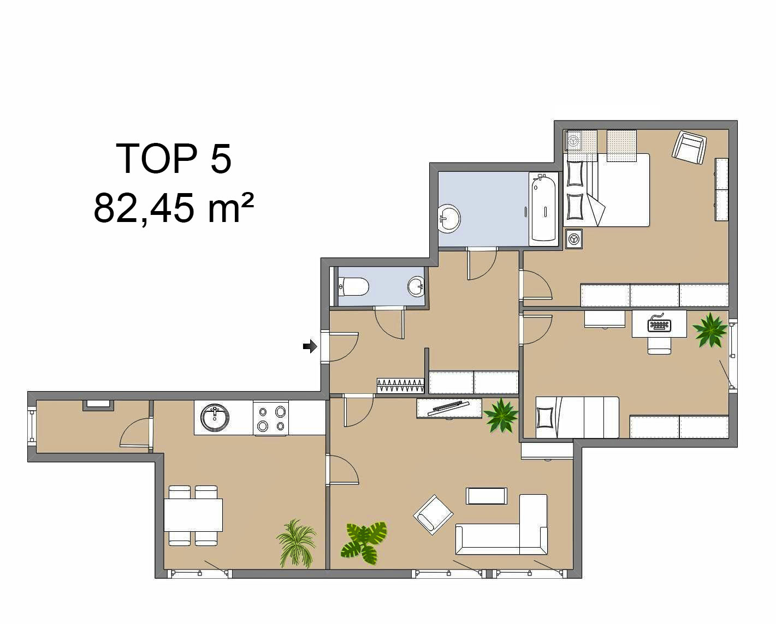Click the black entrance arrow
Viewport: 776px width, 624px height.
click(x=310, y=346)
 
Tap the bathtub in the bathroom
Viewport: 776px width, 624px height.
click(x=543, y=208)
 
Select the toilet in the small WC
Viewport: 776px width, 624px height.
click(x=354, y=286)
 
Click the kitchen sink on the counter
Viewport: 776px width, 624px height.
click(x=215, y=417)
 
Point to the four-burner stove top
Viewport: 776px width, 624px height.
click(x=271, y=418)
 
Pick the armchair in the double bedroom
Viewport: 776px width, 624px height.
click(x=689, y=147)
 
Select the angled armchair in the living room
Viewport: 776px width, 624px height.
click(x=433, y=515)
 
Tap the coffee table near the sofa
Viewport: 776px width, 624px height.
click(x=487, y=496)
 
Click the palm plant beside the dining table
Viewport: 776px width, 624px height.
click(x=297, y=543)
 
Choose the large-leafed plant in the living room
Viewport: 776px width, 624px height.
click(x=364, y=542)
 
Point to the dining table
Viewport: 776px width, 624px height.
click(x=193, y=515)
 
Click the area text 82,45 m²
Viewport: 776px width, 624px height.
click(x=174, y=208)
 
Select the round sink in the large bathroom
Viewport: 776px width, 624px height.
click(x=449, y=219)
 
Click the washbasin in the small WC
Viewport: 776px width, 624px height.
click(x=417, y=286)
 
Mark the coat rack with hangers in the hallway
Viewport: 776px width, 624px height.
click(x=400, y=386)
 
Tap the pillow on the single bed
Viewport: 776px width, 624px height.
click(x=545, y=418)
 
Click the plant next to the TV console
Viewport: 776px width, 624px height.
click(x=501, y=416)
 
